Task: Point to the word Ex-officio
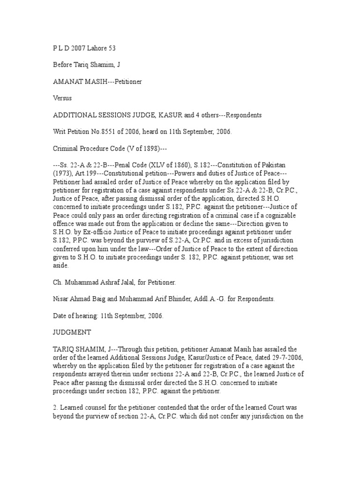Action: pyautogui.click(x=112, y=232)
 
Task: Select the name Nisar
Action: pyautogui.click(x=62, y=299)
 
